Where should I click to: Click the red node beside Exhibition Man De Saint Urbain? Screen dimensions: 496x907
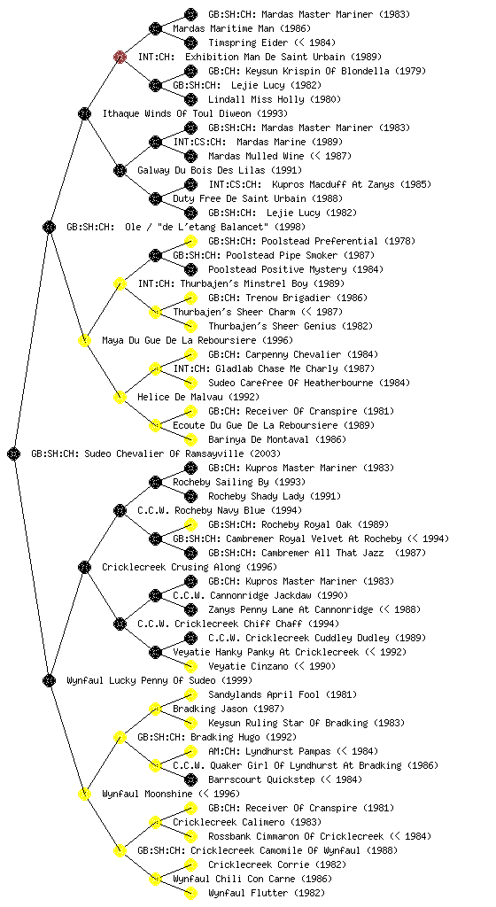[x=120, y=57]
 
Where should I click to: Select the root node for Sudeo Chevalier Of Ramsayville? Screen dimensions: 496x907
[x=14, y=453]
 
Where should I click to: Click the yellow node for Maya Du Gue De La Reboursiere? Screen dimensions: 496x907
[x=84, y=340]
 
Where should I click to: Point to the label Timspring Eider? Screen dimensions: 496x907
[x=248, y=43]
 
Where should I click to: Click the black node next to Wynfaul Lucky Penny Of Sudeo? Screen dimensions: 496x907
[x=49, y=680]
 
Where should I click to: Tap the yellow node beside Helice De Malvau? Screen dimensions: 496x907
[x=120, y=397]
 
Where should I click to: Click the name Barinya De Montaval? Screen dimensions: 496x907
[x=259, y=439]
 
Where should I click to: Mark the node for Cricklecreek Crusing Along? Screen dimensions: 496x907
[x=84, y=567]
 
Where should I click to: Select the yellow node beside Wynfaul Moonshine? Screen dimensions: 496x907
[x=84, y=794]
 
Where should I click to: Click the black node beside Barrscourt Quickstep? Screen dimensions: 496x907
[x=190, y=779]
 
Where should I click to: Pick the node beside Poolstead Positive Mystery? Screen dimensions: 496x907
[x=190, y=269]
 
